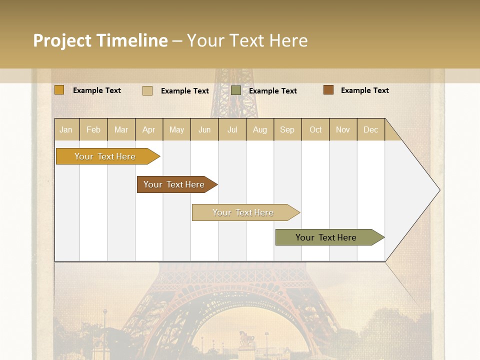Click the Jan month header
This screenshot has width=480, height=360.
(66, 129)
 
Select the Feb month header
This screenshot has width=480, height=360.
(93, 129)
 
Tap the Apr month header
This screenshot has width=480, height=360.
(148, 129)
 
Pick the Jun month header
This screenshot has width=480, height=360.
(204, 129)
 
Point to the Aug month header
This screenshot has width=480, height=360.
(259, 129)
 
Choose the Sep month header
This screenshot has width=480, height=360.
(287, 129)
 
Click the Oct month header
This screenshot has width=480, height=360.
(315, 129)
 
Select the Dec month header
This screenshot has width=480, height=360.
(370, 129)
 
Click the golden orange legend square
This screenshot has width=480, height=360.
(59, 90)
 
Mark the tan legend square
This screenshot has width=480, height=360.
(147, 90)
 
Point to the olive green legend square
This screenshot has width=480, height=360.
(236, 90)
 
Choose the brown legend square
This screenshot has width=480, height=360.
(328, 90)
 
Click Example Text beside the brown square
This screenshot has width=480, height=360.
(364, 90)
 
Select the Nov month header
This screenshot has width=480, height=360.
(342, 129)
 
